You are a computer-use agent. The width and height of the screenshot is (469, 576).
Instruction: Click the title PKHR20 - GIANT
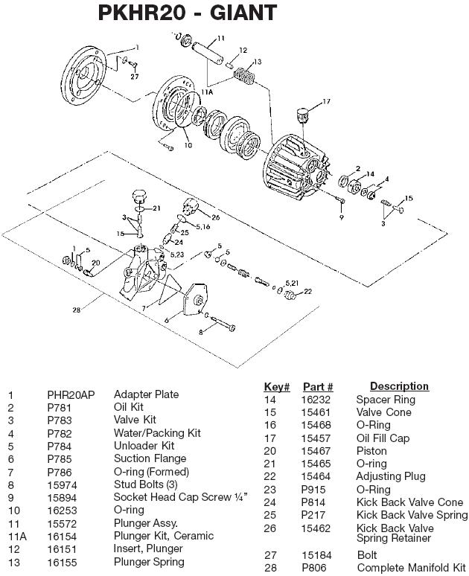[x=188, y=13]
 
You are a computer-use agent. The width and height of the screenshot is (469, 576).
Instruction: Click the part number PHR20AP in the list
[x=71, y=395]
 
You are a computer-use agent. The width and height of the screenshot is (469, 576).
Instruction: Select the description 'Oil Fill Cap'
[x=383, y=438]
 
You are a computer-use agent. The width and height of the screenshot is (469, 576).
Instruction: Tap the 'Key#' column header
[x=276, y=387]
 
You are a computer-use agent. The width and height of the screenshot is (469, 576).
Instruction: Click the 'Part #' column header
[x=318, y=387]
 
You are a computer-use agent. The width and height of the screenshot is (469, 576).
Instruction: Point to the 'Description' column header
[x=399, y=386]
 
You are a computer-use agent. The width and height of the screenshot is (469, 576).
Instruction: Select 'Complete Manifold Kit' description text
[x=411, y=568]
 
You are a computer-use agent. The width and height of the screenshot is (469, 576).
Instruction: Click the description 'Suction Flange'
[x=150, y=458]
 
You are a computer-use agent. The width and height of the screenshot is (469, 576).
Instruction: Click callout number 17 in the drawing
[x=325, y=101]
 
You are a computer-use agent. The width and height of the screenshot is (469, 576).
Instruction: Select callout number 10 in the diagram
[x=188, y=146]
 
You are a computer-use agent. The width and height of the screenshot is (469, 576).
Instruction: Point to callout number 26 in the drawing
[x=216, y=217]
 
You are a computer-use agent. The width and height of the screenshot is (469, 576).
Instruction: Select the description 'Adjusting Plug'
[x=391, y=476]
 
